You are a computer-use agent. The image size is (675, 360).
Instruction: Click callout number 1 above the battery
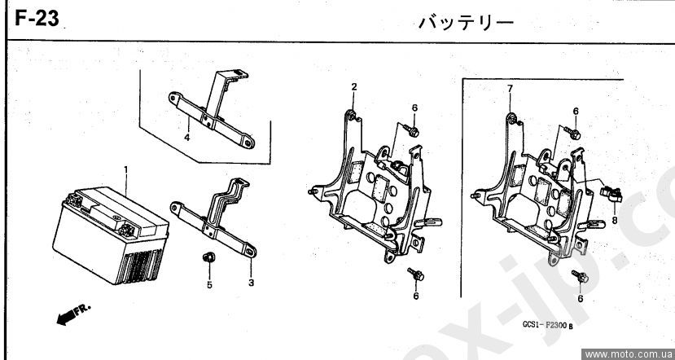point(126,169)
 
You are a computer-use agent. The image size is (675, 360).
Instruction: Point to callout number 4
point(186,138)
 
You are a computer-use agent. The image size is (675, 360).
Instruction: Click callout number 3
point(251,283)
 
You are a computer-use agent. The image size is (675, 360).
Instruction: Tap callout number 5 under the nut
point(208,285)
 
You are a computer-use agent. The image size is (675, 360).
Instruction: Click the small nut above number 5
point(207,259)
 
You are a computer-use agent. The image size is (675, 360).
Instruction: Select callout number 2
point(354,86)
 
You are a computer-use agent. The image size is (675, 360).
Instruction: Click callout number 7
point(510,88)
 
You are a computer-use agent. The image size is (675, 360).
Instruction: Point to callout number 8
point(614,219)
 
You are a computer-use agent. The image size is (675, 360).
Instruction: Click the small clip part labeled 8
point(611,193)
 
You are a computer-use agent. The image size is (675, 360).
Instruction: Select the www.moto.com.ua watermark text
point(628,353)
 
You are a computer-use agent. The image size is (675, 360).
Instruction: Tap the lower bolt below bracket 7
point(581,277)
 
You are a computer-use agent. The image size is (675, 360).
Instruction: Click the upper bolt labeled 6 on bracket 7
point(575,132)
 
